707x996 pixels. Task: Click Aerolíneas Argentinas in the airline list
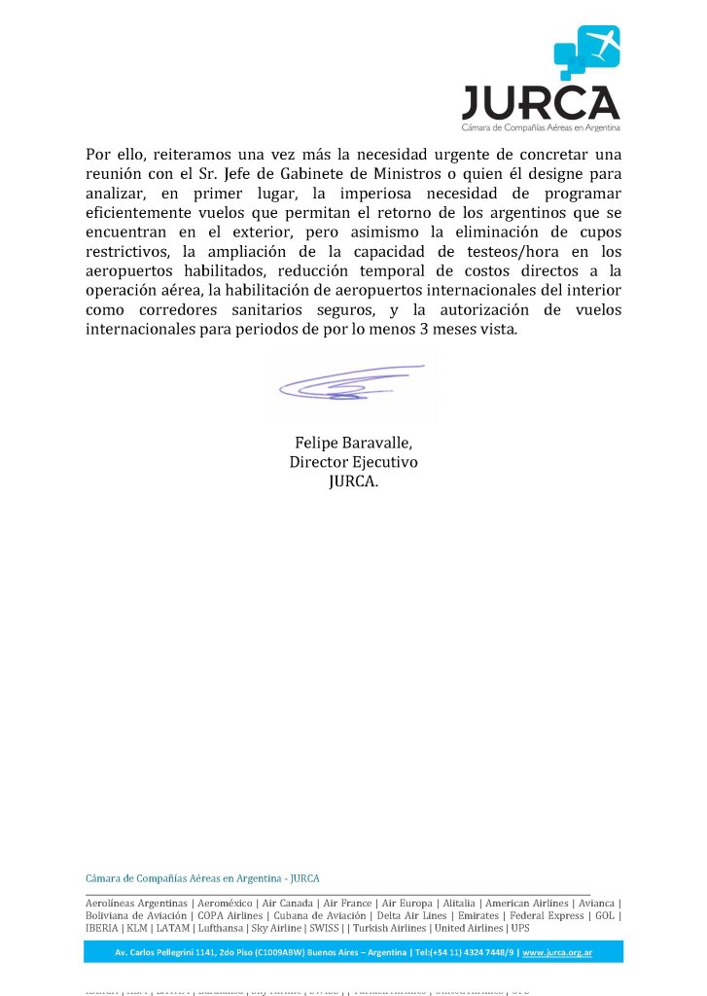[136, 904]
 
